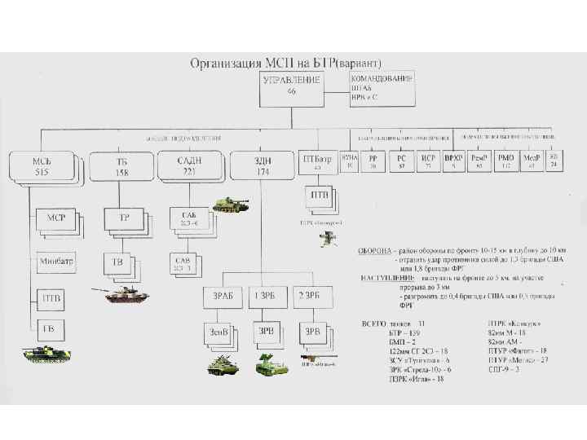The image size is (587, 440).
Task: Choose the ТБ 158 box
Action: [121, 167]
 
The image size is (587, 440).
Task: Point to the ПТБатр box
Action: [316, 161]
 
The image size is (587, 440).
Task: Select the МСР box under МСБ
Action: [57, 219]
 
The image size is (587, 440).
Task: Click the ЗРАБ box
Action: [222, 297]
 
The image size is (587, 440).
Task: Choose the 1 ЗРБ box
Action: [266, 297]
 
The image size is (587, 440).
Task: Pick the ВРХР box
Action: [453, 161]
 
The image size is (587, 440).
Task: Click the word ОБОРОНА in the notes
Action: [378, 250]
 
